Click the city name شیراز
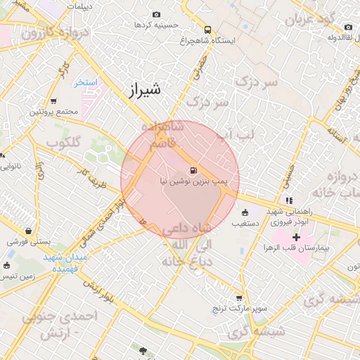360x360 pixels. point(146,89)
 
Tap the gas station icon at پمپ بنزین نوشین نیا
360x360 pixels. point(193,170)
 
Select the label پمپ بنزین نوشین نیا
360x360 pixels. point(192,181)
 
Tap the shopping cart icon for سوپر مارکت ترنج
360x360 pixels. point(239,298)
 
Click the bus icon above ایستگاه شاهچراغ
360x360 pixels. point(207,30)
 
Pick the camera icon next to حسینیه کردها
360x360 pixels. point(156,14)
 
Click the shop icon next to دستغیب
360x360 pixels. point(245,212)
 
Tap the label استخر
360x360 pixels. point(86,83)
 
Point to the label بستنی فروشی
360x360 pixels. point(30,241)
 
